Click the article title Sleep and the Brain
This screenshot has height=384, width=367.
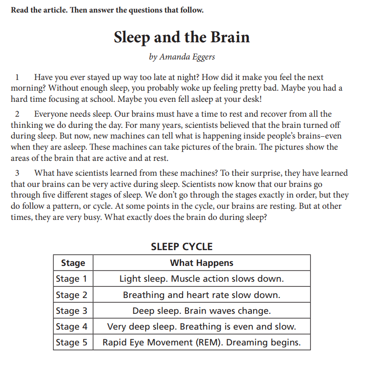click(x=182, y=37)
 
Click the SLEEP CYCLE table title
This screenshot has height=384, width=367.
click(x=182, y=246)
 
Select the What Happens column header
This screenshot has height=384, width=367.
click(x=202, y=263)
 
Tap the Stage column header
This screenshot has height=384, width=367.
click(x=73, y=263)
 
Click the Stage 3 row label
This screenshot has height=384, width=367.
click(x=72, y=311)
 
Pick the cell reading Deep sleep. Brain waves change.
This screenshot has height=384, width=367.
click(x=202, y=311)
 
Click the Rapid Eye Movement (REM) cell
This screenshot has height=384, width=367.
click(x=202, y=342)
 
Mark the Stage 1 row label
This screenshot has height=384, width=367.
click(x=72, y=279)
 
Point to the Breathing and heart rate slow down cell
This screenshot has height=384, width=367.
click(x=202, y=295)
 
